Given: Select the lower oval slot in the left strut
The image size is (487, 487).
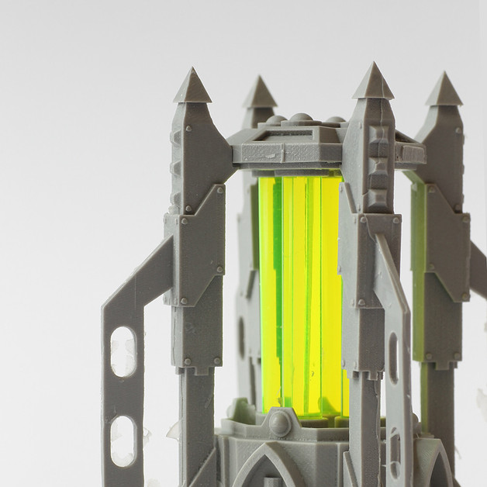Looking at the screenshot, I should click(x=123, y=441).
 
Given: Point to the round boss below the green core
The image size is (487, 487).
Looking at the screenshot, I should click(x=279, y=423).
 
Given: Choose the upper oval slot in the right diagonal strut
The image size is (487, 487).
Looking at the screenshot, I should click(x=393, y=357).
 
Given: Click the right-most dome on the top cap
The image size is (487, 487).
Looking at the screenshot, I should click(x=333, y=121).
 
